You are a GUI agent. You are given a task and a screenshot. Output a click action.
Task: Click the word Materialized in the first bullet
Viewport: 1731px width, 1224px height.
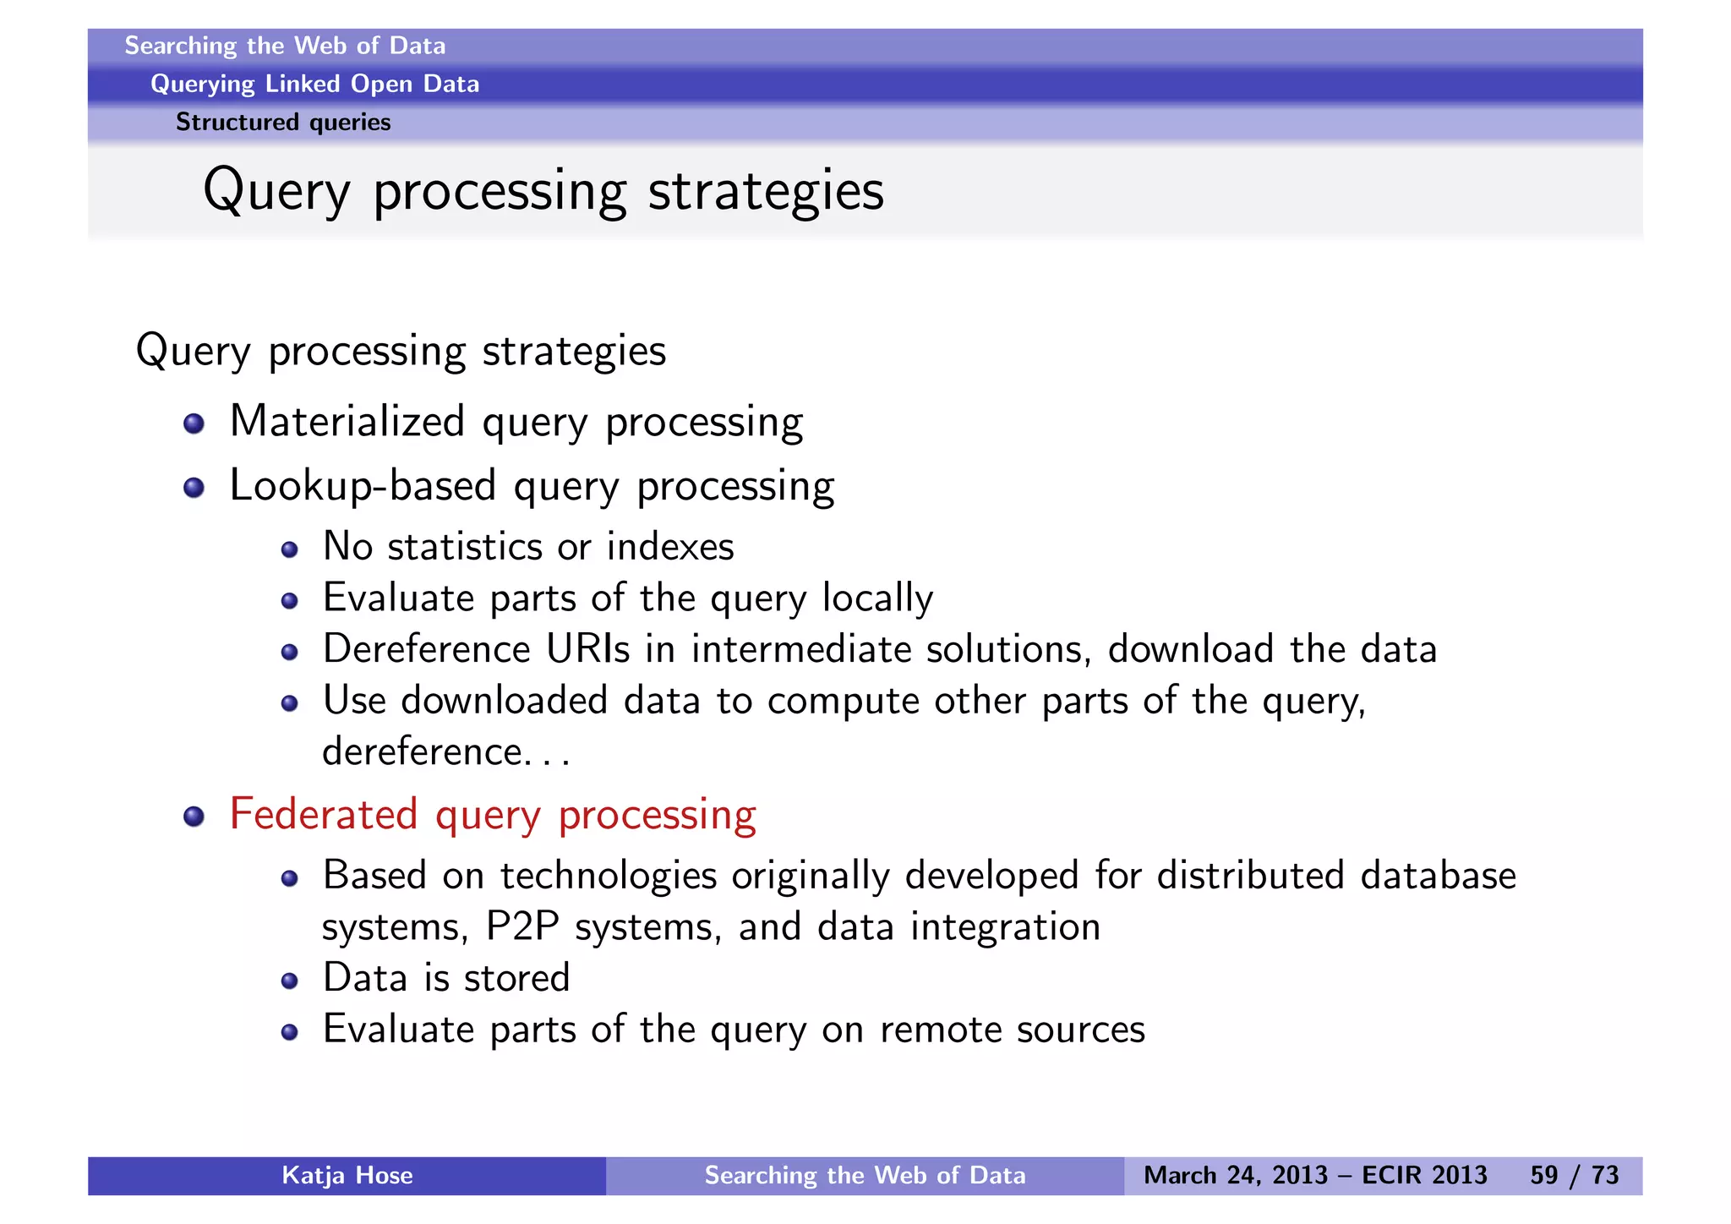point(347,421)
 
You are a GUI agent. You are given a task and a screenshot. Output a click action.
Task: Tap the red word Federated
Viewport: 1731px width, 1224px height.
point(323,814)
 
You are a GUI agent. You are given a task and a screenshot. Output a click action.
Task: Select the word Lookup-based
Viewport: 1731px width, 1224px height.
point(363,486)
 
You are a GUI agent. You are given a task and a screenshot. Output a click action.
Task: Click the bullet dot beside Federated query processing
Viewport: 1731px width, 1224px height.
point(194,816)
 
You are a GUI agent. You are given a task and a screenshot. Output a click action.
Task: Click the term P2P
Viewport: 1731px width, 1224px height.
point(522,926)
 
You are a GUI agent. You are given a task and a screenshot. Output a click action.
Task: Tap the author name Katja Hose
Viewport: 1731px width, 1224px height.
point(347,1175)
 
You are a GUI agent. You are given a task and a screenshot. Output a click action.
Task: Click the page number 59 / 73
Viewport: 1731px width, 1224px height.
point(1574,1175)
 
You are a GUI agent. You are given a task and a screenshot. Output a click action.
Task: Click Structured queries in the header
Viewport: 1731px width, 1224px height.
point(283,123)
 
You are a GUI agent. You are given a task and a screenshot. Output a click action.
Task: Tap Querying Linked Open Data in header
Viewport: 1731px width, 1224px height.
point(314,84)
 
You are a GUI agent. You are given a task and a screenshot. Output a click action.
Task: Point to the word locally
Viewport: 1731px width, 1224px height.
point(877,598)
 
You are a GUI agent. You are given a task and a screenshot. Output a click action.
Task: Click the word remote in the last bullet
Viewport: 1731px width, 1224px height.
point(940,1030)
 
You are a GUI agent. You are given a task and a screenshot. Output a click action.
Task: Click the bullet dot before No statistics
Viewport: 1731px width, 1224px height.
point(289,550)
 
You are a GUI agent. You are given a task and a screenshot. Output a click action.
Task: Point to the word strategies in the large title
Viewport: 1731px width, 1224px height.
point(765,191)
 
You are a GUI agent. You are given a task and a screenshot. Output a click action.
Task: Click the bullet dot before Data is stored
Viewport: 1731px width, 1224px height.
point(289,981)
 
